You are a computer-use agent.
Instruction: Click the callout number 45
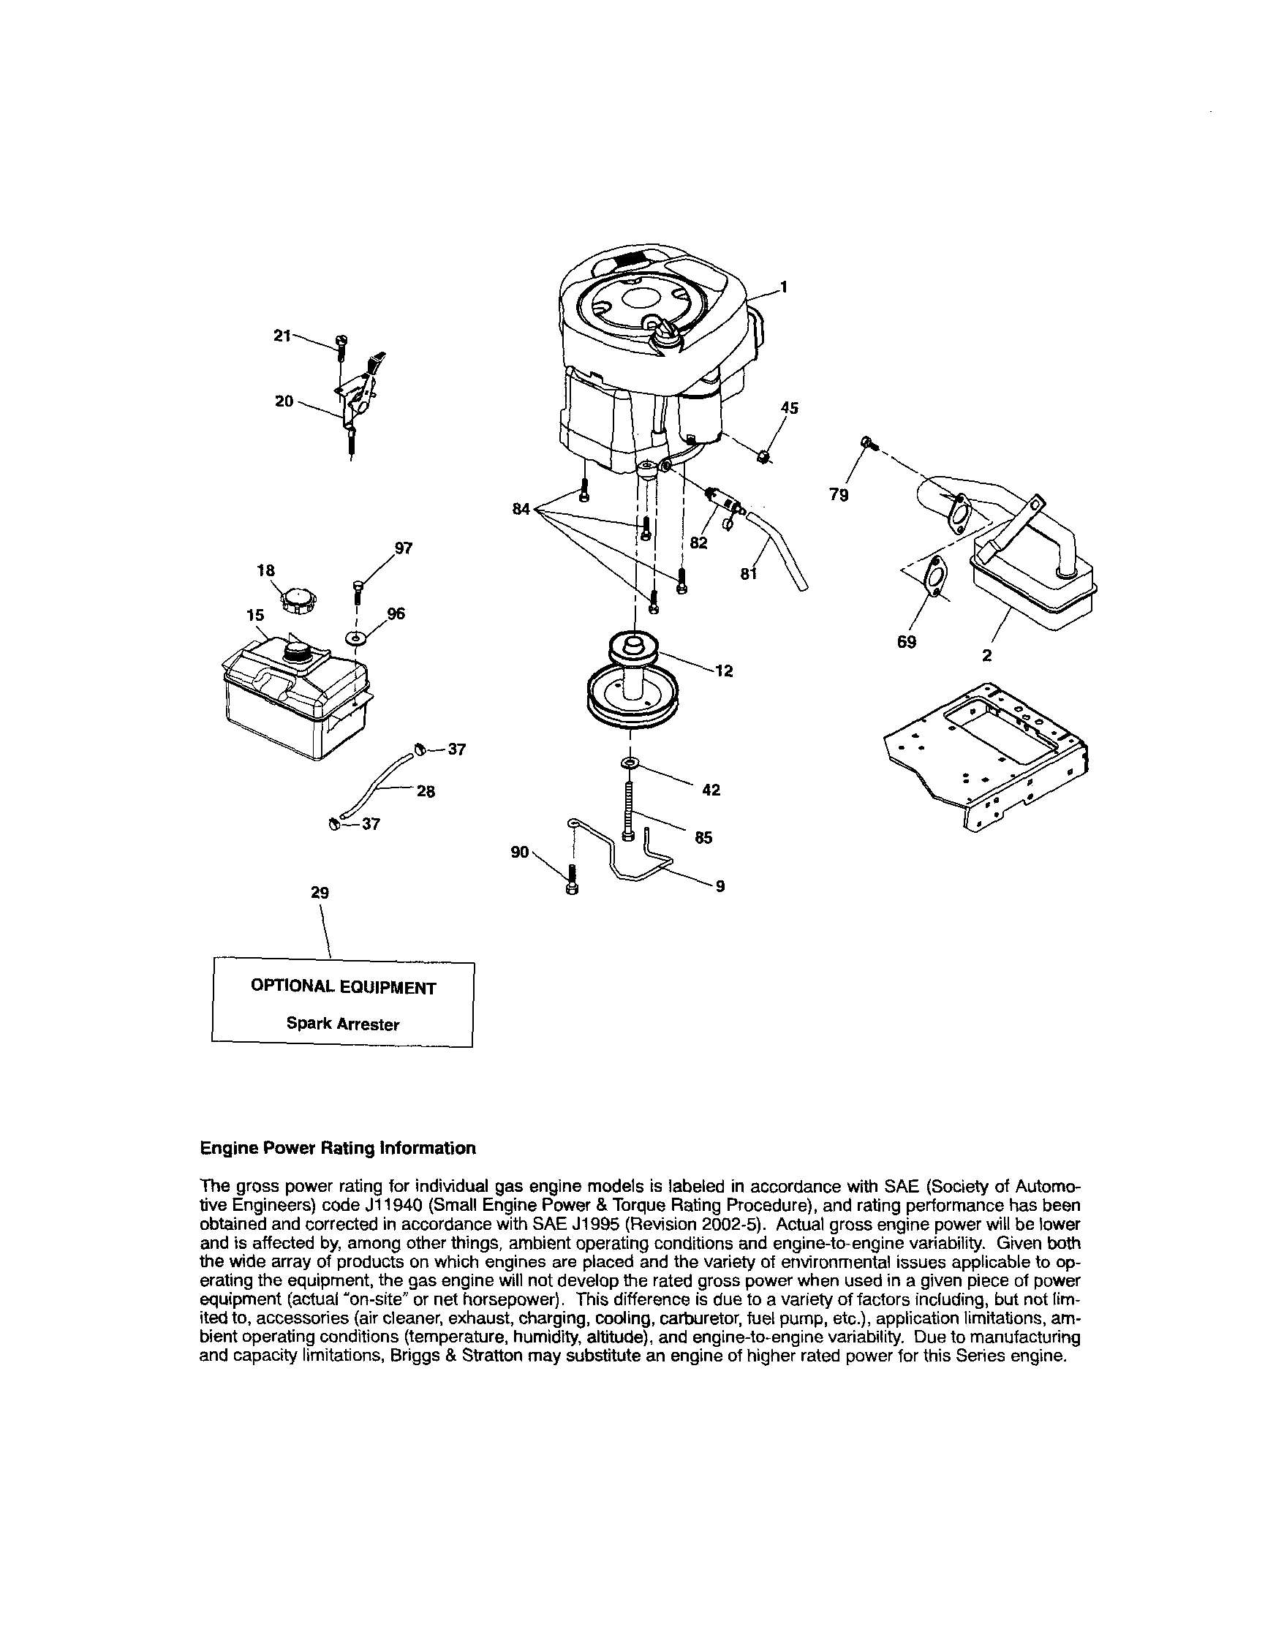pos(789,408)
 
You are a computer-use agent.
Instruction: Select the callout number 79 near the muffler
pos(839,495)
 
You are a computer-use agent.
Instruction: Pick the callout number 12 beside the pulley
pos(724,671)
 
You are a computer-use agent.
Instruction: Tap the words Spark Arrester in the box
pos(342,1024)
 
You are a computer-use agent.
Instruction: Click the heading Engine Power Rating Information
pos(338,1149)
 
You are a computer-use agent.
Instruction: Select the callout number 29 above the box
pos(320,893)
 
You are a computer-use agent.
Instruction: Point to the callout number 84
pos(521,510)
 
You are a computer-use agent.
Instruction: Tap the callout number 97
pos(403,548)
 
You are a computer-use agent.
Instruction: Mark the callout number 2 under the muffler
pos(987,656)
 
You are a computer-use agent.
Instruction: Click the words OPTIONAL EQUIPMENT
pos(343,987)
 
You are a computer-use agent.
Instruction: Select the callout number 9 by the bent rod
pos(720,886)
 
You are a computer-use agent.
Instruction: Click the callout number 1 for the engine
pos(783,287)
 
